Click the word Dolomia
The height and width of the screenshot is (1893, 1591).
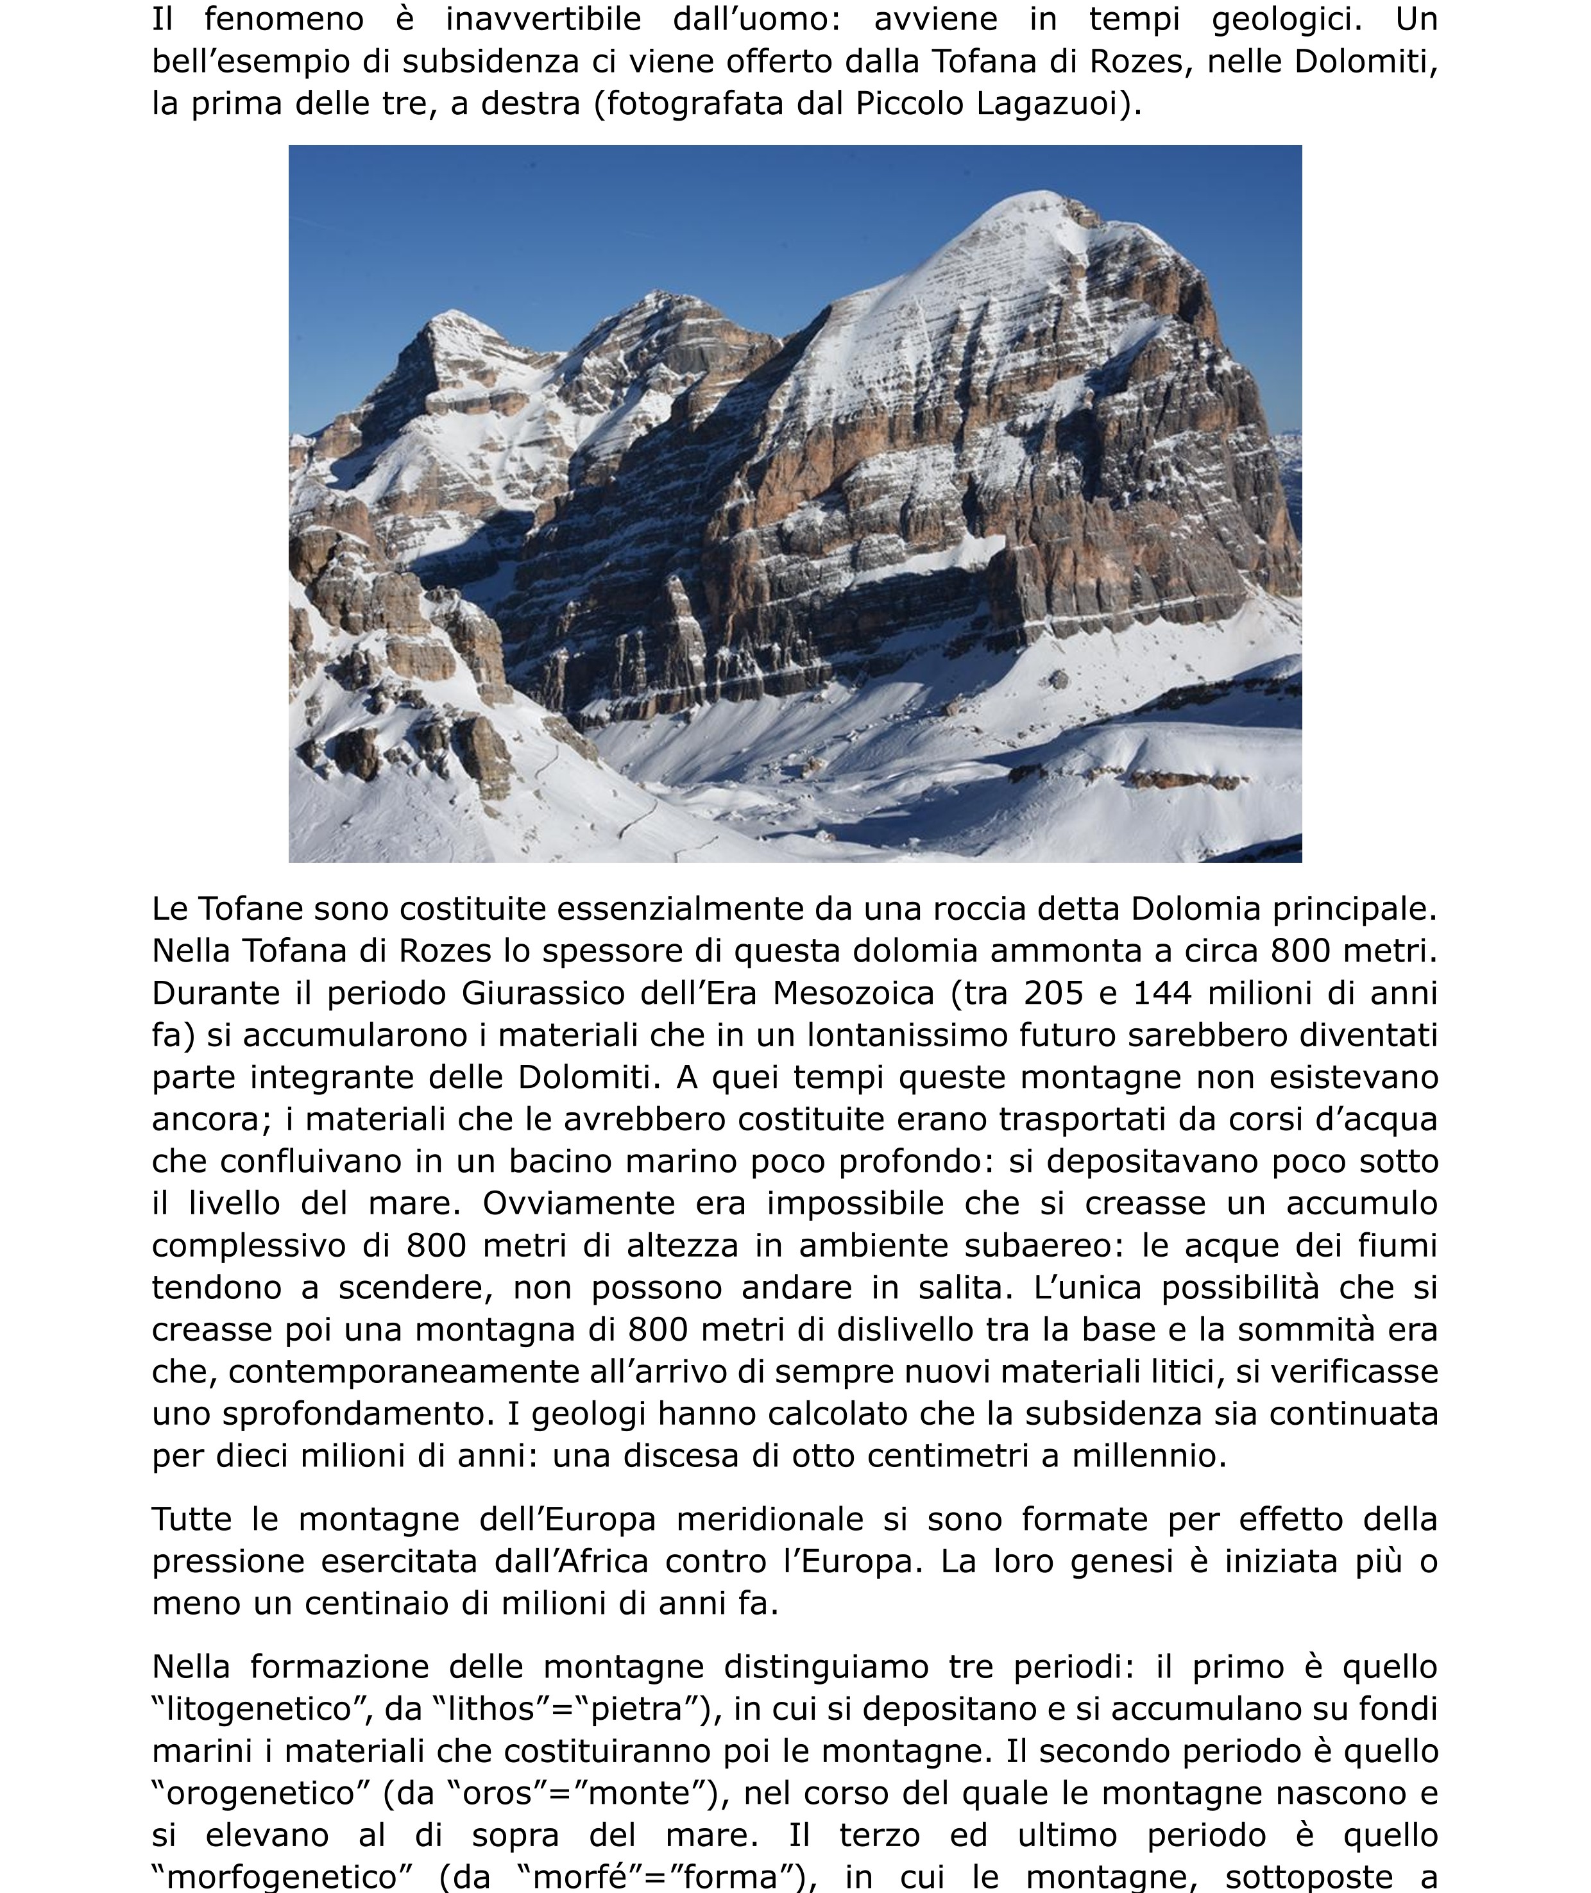1195,909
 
